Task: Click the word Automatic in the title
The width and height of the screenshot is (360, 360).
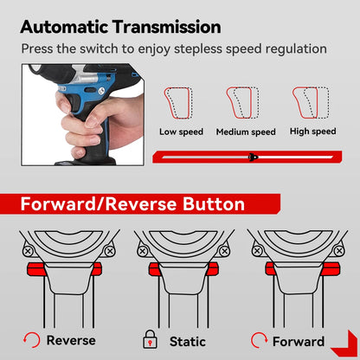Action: click(x=68, y=27)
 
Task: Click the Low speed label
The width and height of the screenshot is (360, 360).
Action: click(x=181, y=132)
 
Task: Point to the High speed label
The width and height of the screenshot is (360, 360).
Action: click(x=312, y=132)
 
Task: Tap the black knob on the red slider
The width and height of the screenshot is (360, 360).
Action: click(x=253, y=157)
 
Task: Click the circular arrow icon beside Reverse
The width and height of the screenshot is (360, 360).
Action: click(x=31, y=340)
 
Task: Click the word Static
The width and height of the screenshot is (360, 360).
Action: click(x=188, y=341)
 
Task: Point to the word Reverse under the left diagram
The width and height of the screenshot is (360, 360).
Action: click(x=71, y=341)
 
